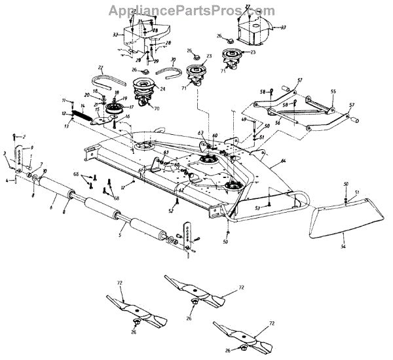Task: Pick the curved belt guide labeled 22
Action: pos(109,73)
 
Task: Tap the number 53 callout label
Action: pos(257,207)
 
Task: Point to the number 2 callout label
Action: pos(23,135)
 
